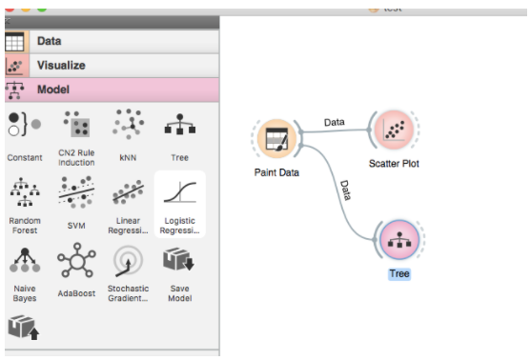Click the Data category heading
pos(50,41)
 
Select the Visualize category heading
pos(61,65)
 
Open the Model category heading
pos(53,90)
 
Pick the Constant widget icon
pos(25,124)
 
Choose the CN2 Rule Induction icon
pos(77,124)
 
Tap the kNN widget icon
pos(129,124)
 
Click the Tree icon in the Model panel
pos(180,124)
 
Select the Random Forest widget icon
pos(25,191)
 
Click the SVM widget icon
pos(76,191)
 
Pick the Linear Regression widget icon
pos(128,192)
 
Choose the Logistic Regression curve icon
pos(180,192)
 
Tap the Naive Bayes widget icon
pos(25,260)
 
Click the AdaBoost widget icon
pos(76,260)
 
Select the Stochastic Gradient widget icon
pos(128,261)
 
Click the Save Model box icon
pos(178,259)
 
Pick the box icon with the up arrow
pos(24,328)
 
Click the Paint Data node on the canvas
pos(276,139)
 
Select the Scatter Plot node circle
pos(394,130)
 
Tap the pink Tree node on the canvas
pos(399,240)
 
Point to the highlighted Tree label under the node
pos(399,273)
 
